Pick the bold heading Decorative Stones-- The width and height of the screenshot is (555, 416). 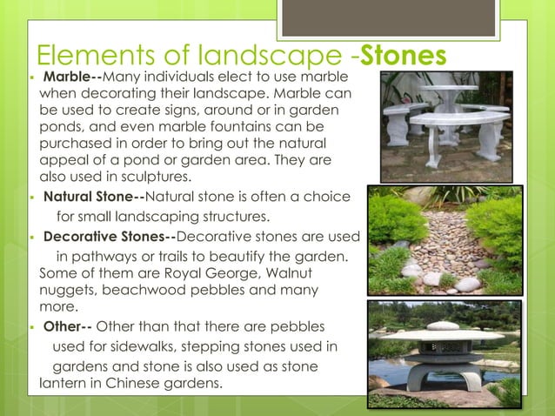[x=110, y=236]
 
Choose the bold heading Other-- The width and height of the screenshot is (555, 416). [x=67, y=326]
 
